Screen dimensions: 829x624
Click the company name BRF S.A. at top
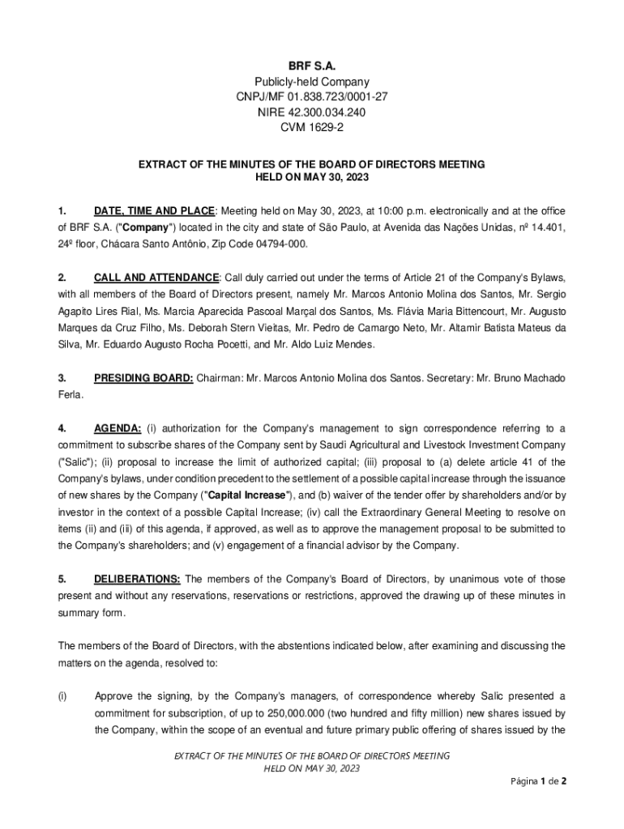312,64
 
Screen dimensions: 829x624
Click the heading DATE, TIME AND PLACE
154,210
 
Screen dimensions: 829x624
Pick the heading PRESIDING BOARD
143,378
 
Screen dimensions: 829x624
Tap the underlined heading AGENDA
118,428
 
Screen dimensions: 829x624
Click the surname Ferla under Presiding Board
70,395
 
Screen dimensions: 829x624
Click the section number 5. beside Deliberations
62,579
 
